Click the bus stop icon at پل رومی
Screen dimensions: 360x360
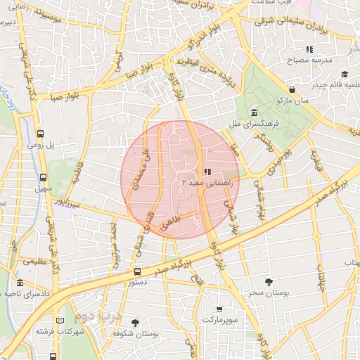point(40,133)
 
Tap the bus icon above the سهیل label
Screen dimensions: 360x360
point(44,178)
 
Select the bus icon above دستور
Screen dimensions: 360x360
point(137,271)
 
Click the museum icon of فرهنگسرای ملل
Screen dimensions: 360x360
point(253,113)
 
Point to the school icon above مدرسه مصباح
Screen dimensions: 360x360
point(309,49)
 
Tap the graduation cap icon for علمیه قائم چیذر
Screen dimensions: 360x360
point(345,75)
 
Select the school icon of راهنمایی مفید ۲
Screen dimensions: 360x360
point(207,172)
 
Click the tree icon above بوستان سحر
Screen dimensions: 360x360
point(269,281)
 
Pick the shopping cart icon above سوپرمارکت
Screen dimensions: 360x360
point(219,309)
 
